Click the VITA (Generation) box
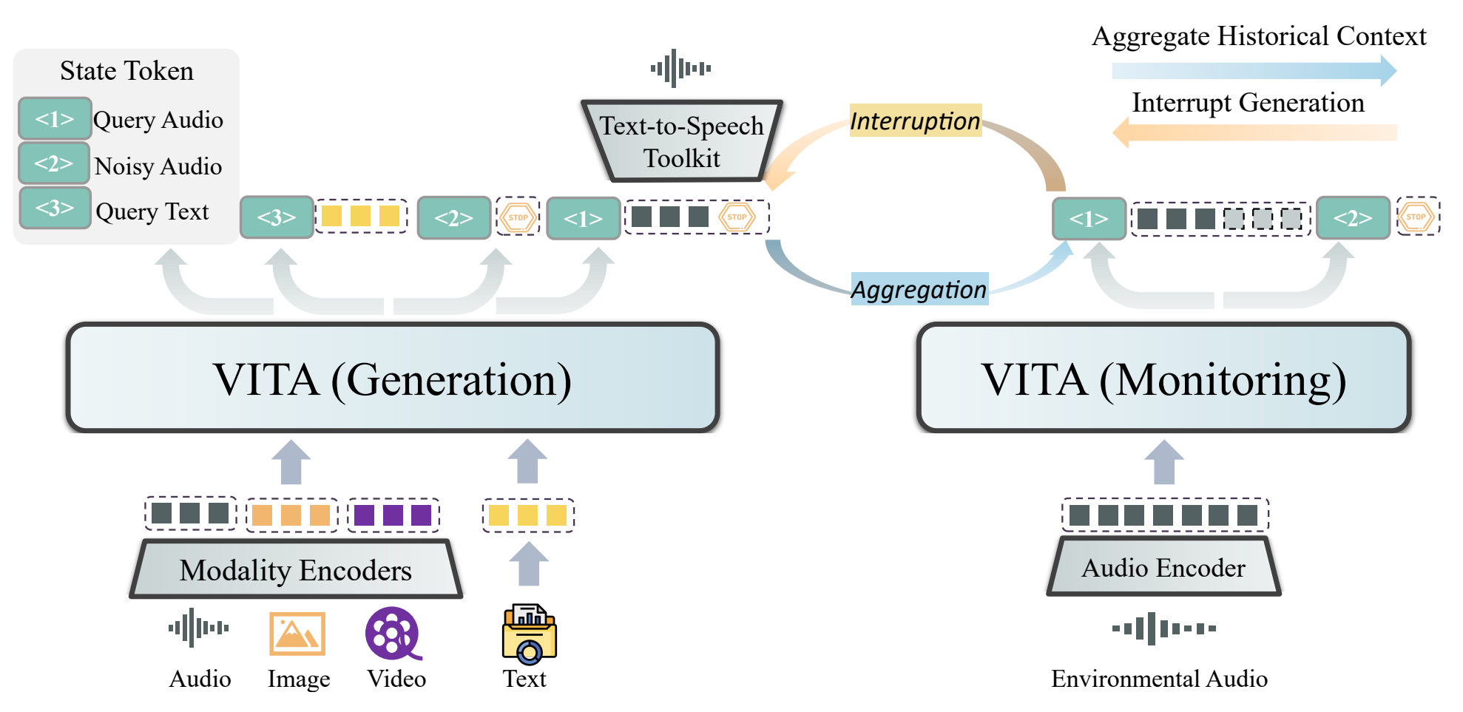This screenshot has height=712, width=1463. click(x=392, y=378)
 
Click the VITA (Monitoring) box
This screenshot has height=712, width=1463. click(x=1163, y=378)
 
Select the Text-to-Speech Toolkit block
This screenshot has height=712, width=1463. click(x=681, y=141)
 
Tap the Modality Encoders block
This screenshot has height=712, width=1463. click(x=296, y=569)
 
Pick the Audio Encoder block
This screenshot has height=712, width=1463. click(x=1163, y=568)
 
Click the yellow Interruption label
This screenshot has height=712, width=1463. click(x=915, y=121)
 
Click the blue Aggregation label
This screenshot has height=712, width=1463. click(x=919, y=289)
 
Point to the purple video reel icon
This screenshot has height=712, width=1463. click(x=393, y=634)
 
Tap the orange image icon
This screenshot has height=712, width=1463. click(x=297, y=634)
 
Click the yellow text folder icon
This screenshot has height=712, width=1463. click(x=529, y=634)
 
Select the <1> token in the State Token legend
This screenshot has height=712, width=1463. click(x=55, y=118)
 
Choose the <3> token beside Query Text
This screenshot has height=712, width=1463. click(x=55, y=208)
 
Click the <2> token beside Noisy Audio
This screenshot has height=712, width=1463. click(x=54, y=163)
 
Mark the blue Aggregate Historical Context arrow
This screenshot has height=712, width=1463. click(x=1254, y=71)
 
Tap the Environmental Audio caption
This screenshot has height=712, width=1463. click(x=1159, y=679)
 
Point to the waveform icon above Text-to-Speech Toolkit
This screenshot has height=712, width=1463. click(x=680, y=69)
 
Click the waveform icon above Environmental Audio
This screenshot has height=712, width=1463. click(x=1163, y=628)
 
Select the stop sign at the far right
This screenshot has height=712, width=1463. click(x=1416, y=217)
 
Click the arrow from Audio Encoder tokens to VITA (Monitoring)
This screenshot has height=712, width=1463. click(x=1164, y=462)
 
